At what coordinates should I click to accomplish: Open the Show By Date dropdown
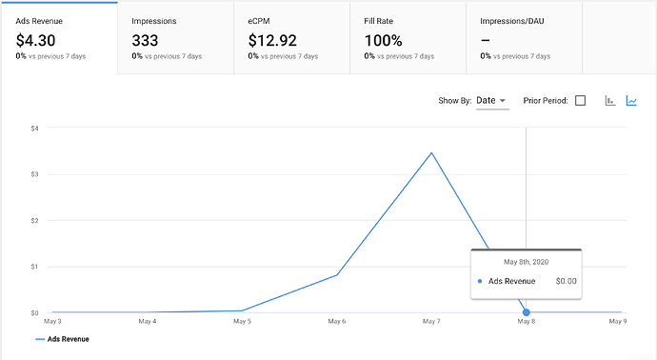point(491,100)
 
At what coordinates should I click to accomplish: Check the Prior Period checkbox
point(580,101)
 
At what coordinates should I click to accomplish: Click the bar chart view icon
point(610,101)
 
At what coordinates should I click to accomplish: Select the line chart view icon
point(631,101)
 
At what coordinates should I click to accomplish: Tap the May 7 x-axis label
point(431,322)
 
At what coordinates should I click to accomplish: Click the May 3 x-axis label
point(53,322)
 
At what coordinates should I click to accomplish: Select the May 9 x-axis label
point(618,322)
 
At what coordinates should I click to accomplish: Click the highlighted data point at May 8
point(527,312)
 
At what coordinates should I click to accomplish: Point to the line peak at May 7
point(431,152)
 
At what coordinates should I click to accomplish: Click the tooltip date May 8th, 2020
point(527,261)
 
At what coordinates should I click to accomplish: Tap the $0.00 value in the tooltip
point(566,281)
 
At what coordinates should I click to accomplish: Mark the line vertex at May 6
point(337,275)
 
